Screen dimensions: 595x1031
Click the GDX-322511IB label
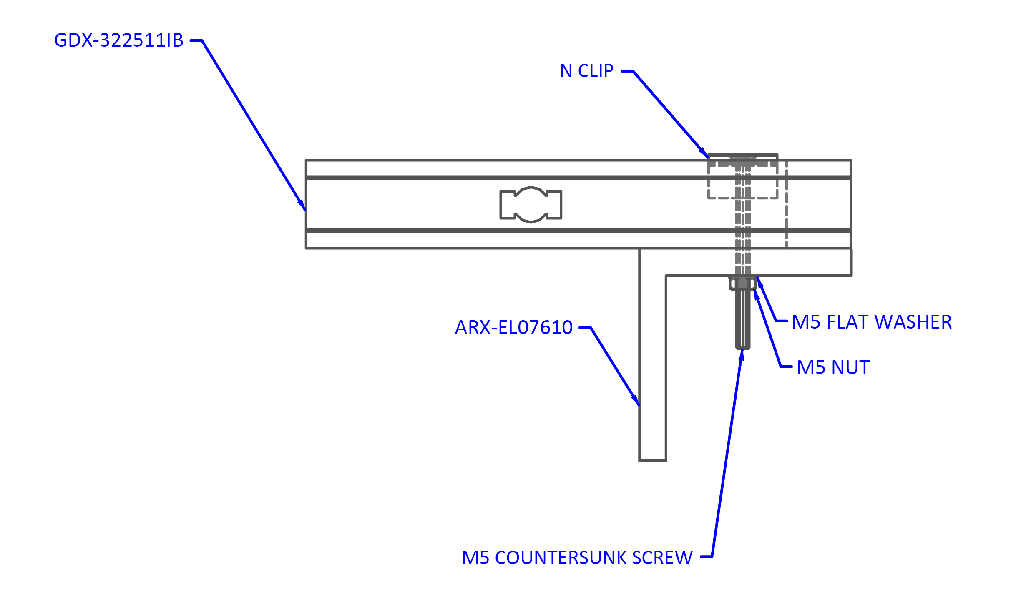click(x=119, y=40)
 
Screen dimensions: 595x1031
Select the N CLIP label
click(x=588, y=71)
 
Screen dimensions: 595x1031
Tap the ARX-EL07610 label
click(x=514, y=327)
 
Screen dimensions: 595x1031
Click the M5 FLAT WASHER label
click(x=873, y=322)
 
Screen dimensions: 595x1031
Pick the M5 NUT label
click(x=834, y=367)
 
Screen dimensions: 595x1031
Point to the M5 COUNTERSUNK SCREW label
click(x=578, y=557)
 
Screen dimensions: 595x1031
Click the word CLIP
click(x=596, y=71)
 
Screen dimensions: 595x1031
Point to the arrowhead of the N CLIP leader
click(x=706, y=155)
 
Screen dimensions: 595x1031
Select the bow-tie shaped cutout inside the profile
click(x=531, y=204)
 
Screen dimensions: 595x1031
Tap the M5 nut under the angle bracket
click(x=742, y=284)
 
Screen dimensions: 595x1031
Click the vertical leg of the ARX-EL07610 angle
click(x=652, y=367)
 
